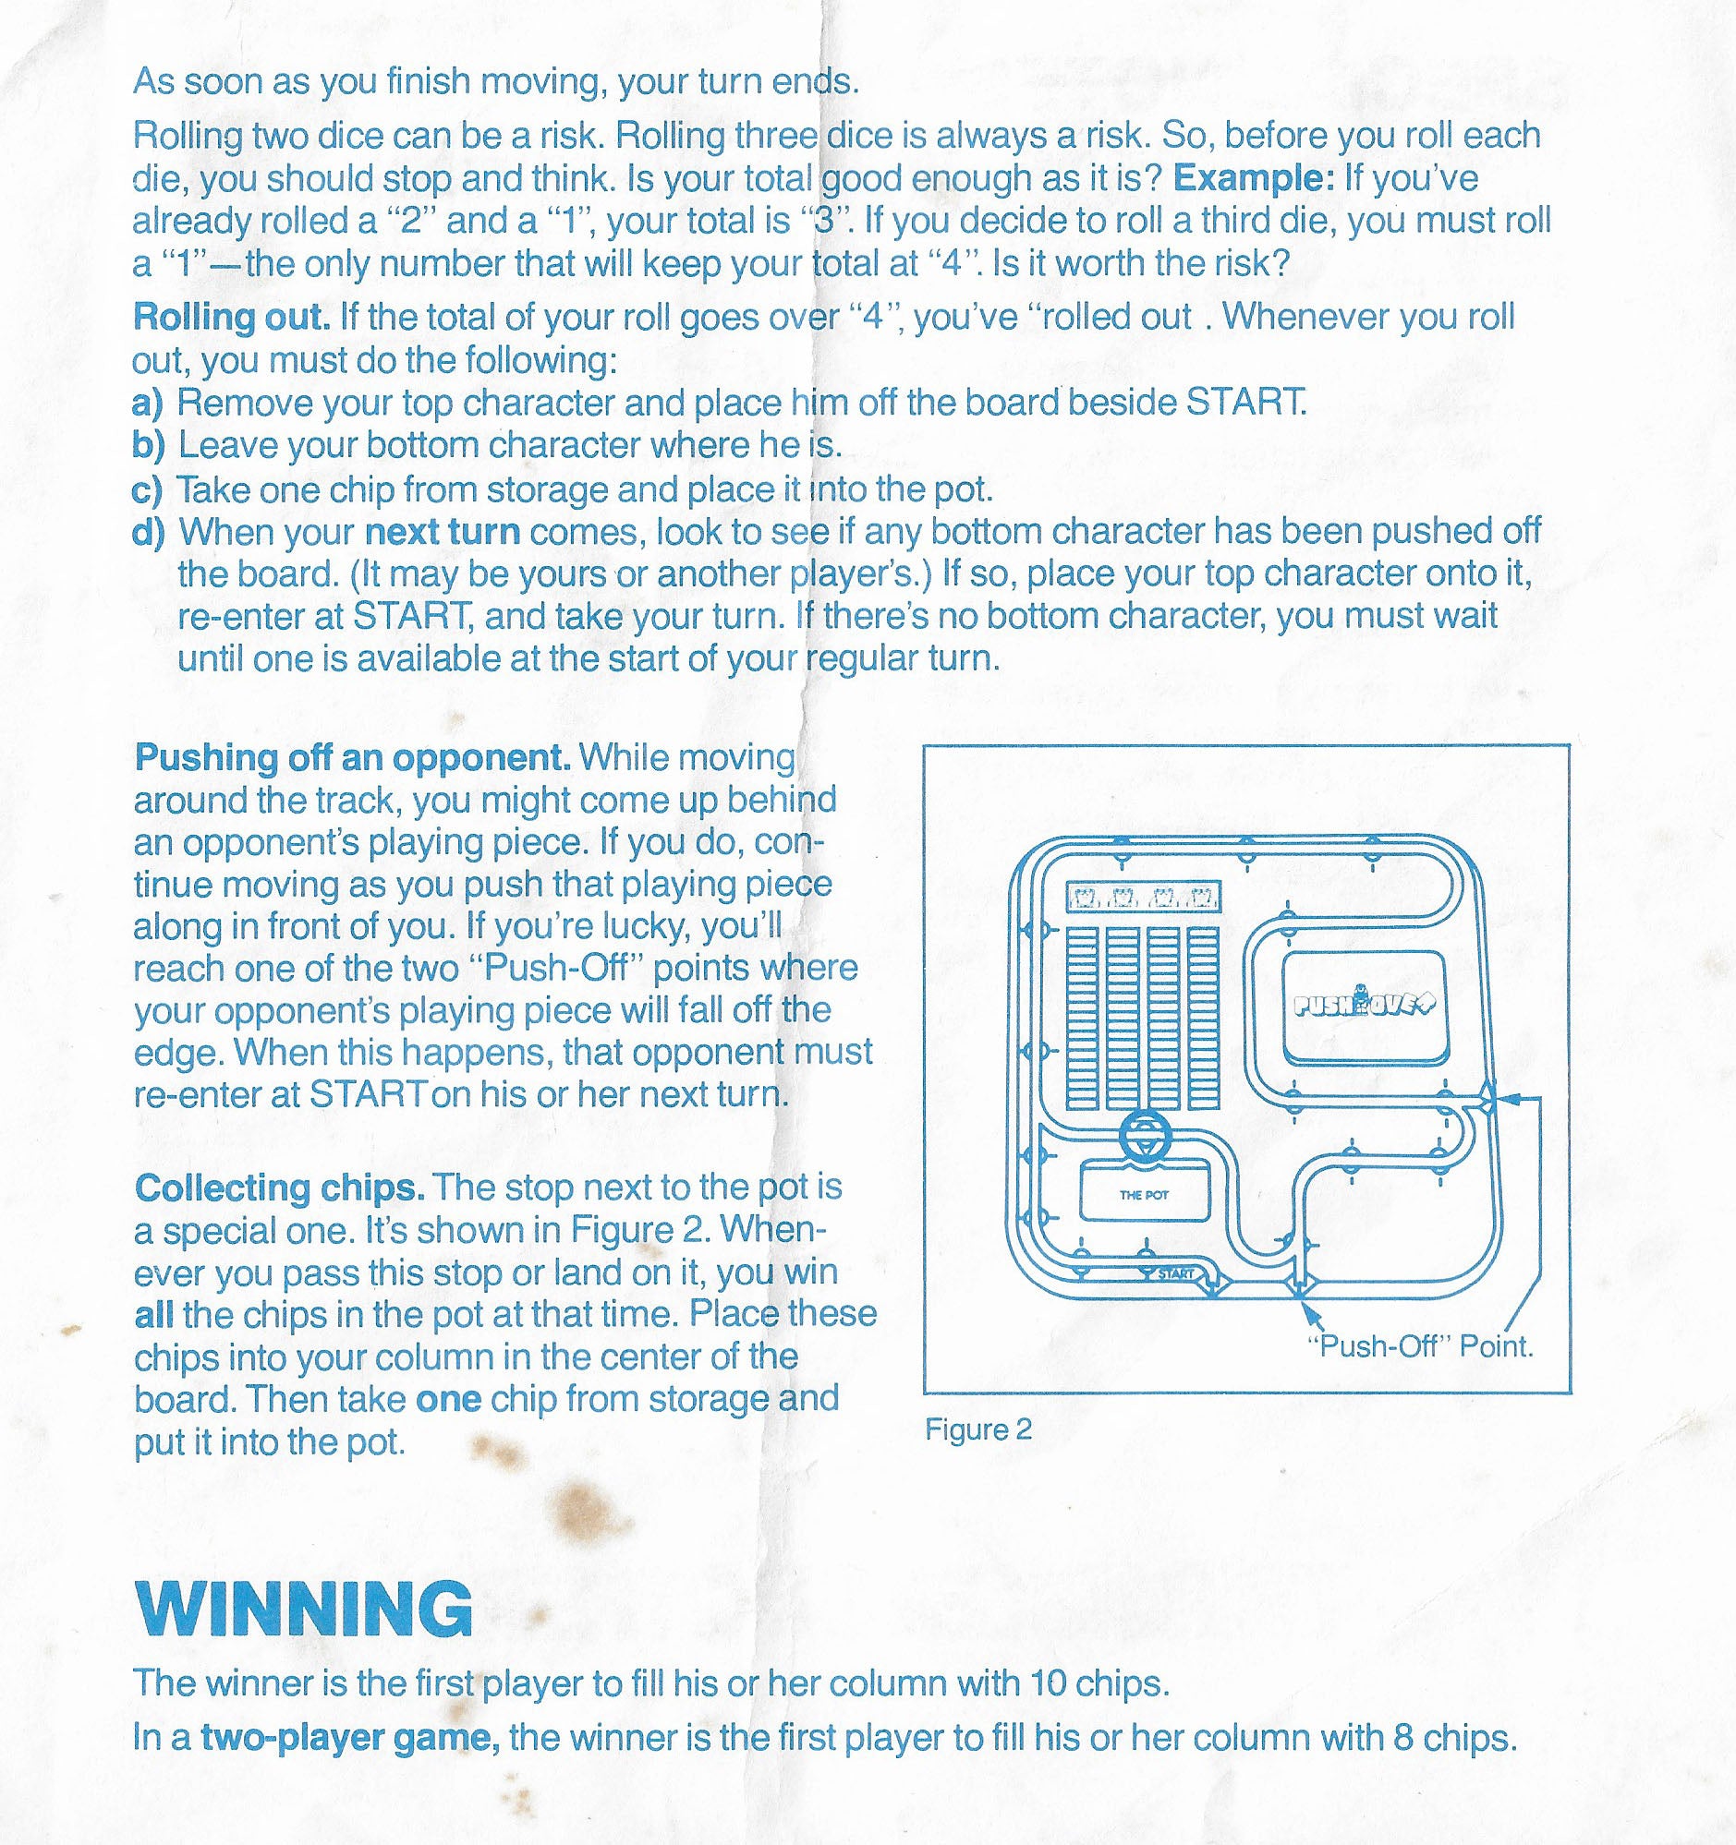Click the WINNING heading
coord(304,1608)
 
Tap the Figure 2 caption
coord(977,1429)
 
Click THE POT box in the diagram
coord(1144,1194)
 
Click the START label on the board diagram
coord(1175,1273)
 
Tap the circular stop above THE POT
coord(1144,1138)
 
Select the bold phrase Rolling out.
coord(232,318)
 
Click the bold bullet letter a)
coord(148,403)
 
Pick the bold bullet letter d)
coord(149,532)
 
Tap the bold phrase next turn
coord(442,532)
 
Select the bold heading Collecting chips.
coord(280,1187)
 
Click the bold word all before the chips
coord(153,1314)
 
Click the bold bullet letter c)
coord(148,489)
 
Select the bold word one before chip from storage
coord(448,1399)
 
